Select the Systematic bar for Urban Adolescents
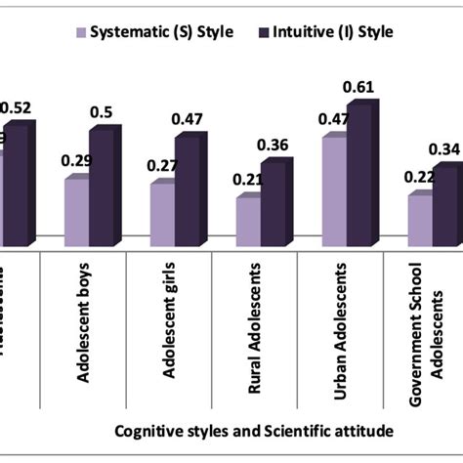coord(334,191)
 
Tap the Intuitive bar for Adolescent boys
coord(100,186)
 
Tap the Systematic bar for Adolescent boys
coord(77,211)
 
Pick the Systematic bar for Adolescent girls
coord(162,214)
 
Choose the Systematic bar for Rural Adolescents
coord(248,221)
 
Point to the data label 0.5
coord(102,113)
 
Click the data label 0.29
coord(76,160)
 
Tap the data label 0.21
coord(247,179)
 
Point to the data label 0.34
coord(444,149)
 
